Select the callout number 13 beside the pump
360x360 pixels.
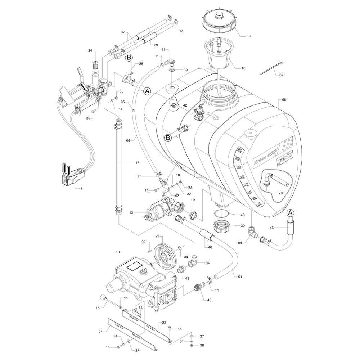pyautogui.click(x=117, y=252)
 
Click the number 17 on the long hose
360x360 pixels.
pyautogui.click(x=137, y=163)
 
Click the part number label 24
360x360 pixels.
pyautogui.click(x=90, y=51)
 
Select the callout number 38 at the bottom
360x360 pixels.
pyautogui.click(x=202, y=345)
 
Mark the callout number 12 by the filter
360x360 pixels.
pyautogui.click(x=132, y=213)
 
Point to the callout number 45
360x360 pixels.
pyautogui.click(x=181, y=31)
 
